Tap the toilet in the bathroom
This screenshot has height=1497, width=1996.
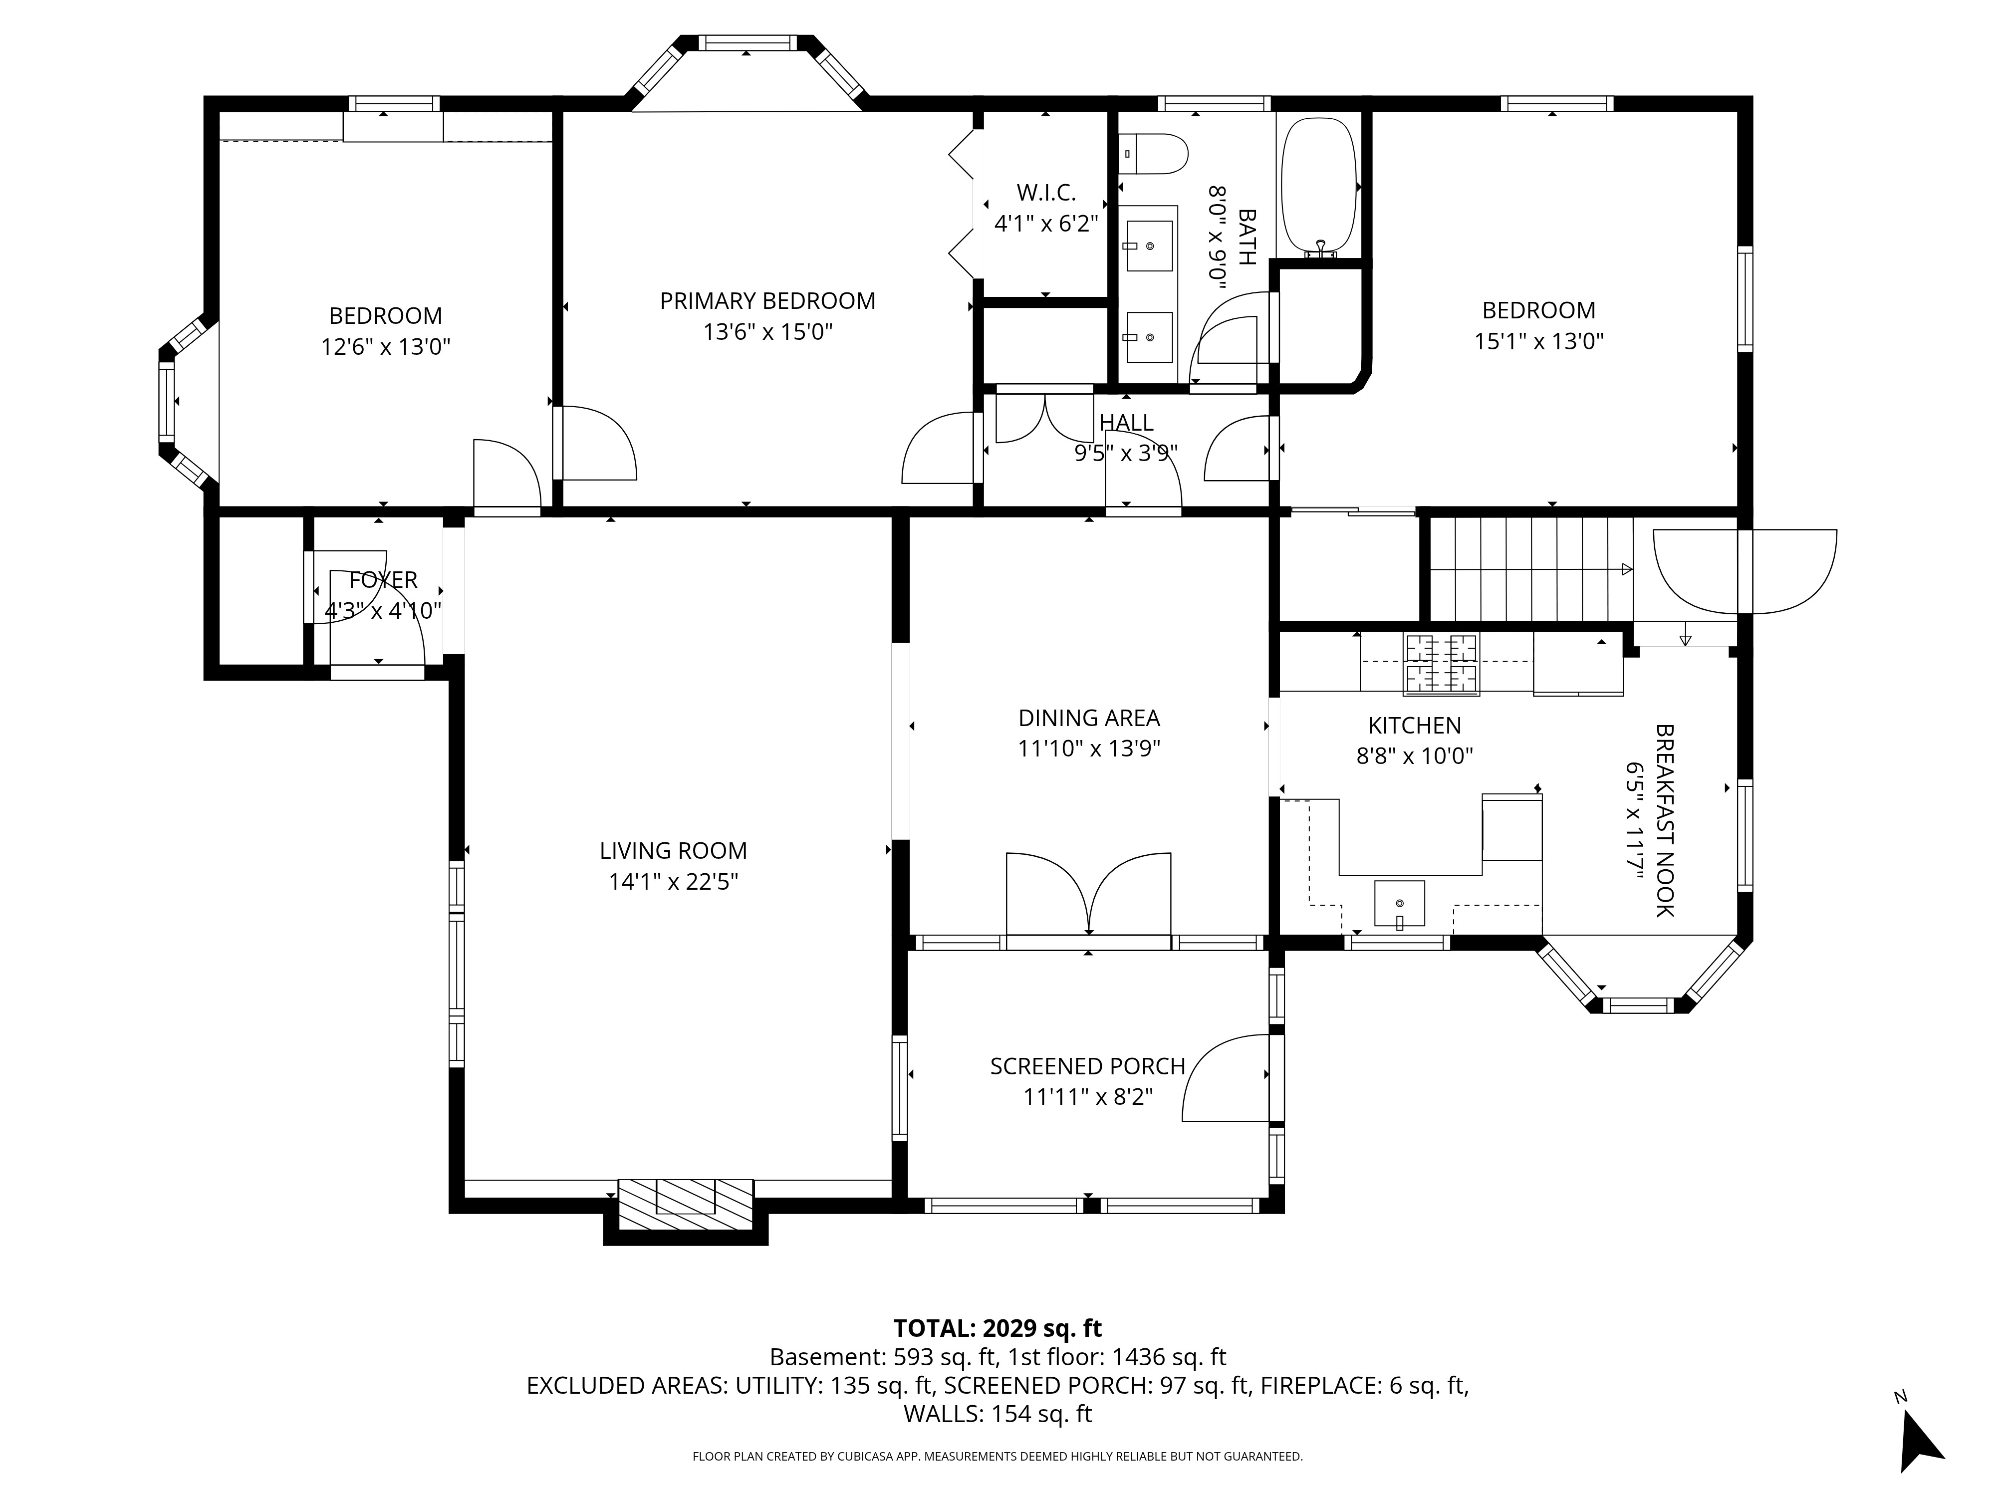pyautogui.click(x=1152, y=154)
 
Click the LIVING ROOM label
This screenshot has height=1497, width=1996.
pyautogui.click(x=673, y=851)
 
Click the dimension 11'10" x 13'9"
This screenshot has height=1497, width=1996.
pyautogui.click(x=1089, y=749)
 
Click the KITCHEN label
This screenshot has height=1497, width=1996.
pyautogui.click(x=1414, y=726)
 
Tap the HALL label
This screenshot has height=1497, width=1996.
pyautogui.click(x=1126, y=422)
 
